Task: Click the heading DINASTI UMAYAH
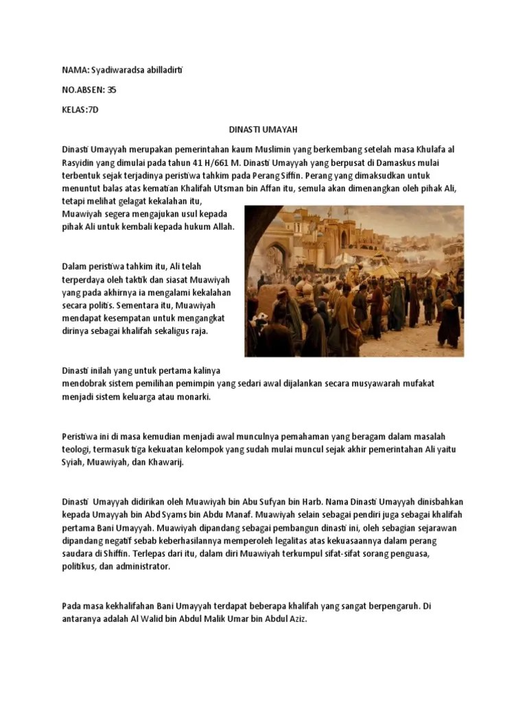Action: click(263, 129)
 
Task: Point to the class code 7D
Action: click(91, 110)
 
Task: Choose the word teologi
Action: click(75, 448)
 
